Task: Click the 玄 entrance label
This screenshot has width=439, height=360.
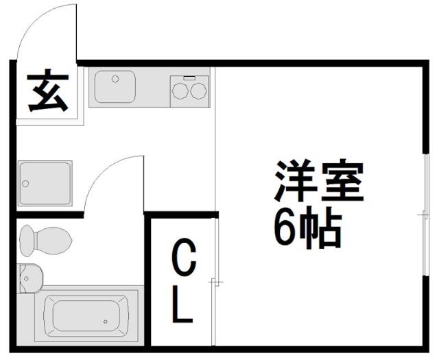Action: tap(48, 90)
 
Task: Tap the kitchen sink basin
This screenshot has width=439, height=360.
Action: tap(115, 86)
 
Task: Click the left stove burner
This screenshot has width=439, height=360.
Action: tap(180, 91)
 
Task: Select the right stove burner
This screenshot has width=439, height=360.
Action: tap(198, 91)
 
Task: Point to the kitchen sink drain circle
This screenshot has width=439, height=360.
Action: tap(115, 79)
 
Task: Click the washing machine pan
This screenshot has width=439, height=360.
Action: tap(45, 183)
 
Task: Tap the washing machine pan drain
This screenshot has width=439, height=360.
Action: tap(25, 184)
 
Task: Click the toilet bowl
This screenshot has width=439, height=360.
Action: tap(54, 241)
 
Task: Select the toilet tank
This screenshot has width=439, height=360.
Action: tap(27, 241)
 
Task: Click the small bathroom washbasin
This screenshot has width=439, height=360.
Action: tap(30, 278)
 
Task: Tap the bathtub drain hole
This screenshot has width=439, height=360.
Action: tap(105, 322)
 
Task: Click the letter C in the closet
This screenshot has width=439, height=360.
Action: tap(184, 256)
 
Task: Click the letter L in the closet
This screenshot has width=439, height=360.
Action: tap(182, 304)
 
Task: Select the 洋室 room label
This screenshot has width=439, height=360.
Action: tap(319, 180)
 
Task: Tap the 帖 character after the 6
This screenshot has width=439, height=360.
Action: tap(320, 228)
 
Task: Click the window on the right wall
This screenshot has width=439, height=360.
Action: tap(426, 215)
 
